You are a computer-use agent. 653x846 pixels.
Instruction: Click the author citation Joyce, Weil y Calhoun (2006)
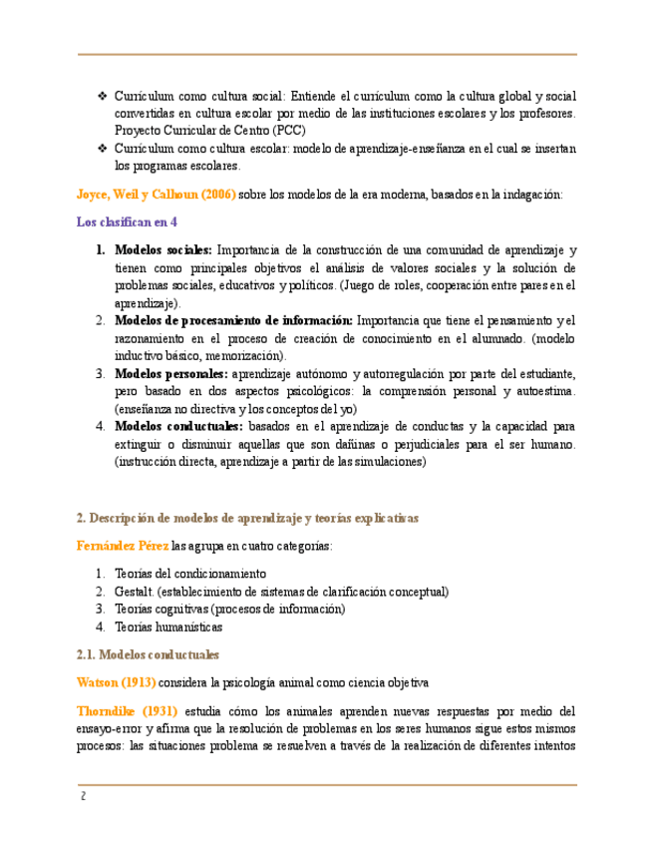click(x=157, y=195)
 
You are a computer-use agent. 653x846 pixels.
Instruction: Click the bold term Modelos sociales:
click(x=163, y=250)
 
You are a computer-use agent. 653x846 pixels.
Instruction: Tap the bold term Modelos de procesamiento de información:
click(x=233, y=320)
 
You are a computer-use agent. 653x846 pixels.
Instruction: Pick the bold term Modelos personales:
click(x=171, y=373)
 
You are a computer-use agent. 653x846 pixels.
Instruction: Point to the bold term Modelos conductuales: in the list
click(x=178, y=426)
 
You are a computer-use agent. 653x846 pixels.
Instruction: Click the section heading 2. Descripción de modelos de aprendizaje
click(x=248, y=519)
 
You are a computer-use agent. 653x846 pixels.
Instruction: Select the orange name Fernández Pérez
click(x=123, y=546)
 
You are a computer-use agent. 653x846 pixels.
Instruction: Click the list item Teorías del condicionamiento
click(x=190, y=574)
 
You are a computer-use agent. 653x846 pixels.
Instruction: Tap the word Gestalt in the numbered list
click(x=135, y=592)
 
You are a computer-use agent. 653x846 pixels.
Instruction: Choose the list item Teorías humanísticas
click(x=168, y=628)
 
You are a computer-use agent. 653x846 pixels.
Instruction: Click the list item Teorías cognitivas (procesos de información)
click(x=229, y=610)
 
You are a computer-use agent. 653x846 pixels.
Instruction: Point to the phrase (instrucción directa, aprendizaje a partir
click(x=269, y=462)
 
